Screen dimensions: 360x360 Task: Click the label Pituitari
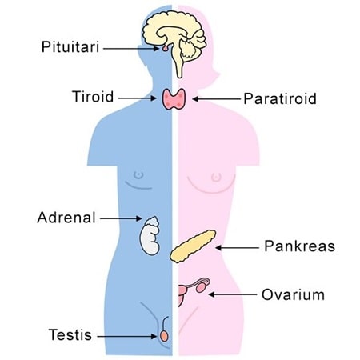[x=70, y=47]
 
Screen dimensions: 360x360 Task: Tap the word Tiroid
[x=93, y=97]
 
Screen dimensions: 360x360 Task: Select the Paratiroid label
[x=280, y=98]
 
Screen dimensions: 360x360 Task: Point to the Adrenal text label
[x=66, y=218]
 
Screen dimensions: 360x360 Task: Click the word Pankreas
[x=299, y=246]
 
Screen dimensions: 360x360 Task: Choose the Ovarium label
[x=293, y=294]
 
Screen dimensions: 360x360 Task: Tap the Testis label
[x=70, y=335]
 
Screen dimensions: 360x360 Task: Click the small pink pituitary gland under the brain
[x=166, y=48]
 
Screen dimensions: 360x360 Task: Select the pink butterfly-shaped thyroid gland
[x=174, y=99]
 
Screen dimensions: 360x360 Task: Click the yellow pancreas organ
[x=193, y=246]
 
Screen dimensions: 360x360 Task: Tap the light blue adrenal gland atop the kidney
[x=153, y=222]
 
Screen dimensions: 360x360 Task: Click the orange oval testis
[x=164, y=336]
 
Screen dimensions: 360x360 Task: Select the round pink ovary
[x=201, y=287]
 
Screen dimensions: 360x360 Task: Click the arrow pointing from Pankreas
[x=237, y=248]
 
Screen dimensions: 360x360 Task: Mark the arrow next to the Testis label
[x=127, y=336]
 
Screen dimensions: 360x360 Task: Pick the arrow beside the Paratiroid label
[x=216, y=99]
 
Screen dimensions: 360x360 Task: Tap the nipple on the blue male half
[x=138, y=175]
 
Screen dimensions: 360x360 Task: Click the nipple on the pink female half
[x=216, y=177]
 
